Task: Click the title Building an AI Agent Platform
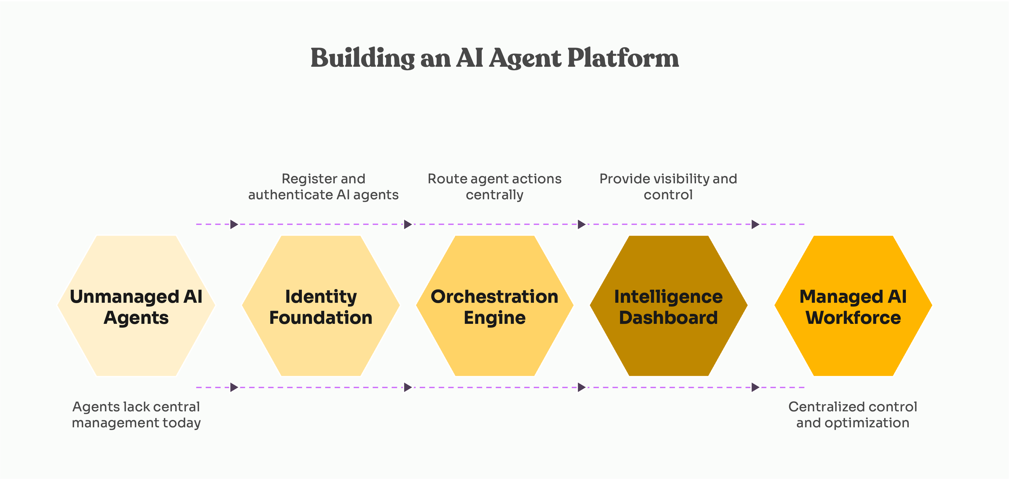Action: click(x=494, y=58)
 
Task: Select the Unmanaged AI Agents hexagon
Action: click(x=136, y=345)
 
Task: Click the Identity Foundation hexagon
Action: click(x=321, y=345)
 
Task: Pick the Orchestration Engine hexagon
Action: click(x=494, y=345)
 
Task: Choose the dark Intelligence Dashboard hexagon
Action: click(x=668, y=345)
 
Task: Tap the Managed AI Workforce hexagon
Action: click(x=853, y=345)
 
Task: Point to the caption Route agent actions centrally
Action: click(x=494, y=187)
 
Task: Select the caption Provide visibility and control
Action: click(x=668, y=187)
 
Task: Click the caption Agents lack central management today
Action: click(x=136, y=415)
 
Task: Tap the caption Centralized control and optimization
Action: click(x=853, y=415)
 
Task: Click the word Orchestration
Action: click(x=494, y=296)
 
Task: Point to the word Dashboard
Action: click(x=668, y=318)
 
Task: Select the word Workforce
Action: click(x=853, y=318)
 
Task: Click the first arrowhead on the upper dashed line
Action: click(x=234, y=224)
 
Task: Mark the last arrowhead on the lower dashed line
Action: click(x=755, y=387)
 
